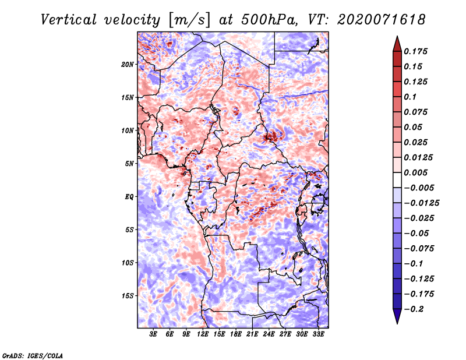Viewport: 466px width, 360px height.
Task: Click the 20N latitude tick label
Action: coord(128,65)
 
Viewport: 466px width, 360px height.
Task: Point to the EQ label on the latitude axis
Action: coord(129,197)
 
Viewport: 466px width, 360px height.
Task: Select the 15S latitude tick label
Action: coord(128,296)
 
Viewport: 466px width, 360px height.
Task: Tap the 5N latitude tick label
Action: coord(129,164)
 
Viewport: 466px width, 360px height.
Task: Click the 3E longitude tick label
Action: coord(153,334)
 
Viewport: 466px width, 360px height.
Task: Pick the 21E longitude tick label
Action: coord(252,334)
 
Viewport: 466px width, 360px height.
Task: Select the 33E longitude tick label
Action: coord(318,334)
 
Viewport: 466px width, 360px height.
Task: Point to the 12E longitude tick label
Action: coord(203,334)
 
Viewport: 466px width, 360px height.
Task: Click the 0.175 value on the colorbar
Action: coord(415,51)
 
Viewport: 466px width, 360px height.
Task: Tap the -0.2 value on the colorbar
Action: coord(414,309)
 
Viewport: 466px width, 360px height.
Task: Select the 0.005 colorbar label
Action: coord(415,172)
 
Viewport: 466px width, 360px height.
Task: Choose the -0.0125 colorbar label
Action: coord(421,203)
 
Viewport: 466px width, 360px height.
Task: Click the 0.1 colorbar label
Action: coord(410,97)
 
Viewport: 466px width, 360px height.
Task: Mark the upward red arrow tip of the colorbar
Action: coord(397,37)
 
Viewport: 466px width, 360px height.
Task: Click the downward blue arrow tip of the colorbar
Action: coord(397,323)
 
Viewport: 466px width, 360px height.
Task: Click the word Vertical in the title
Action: coord(69,20)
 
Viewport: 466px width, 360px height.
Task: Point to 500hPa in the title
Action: coord(269,20)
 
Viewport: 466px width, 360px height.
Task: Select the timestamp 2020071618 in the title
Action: coord(382,20)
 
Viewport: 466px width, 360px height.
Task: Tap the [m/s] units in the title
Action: coord(189,20)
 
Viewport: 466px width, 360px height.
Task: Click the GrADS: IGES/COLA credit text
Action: coord(33,356)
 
